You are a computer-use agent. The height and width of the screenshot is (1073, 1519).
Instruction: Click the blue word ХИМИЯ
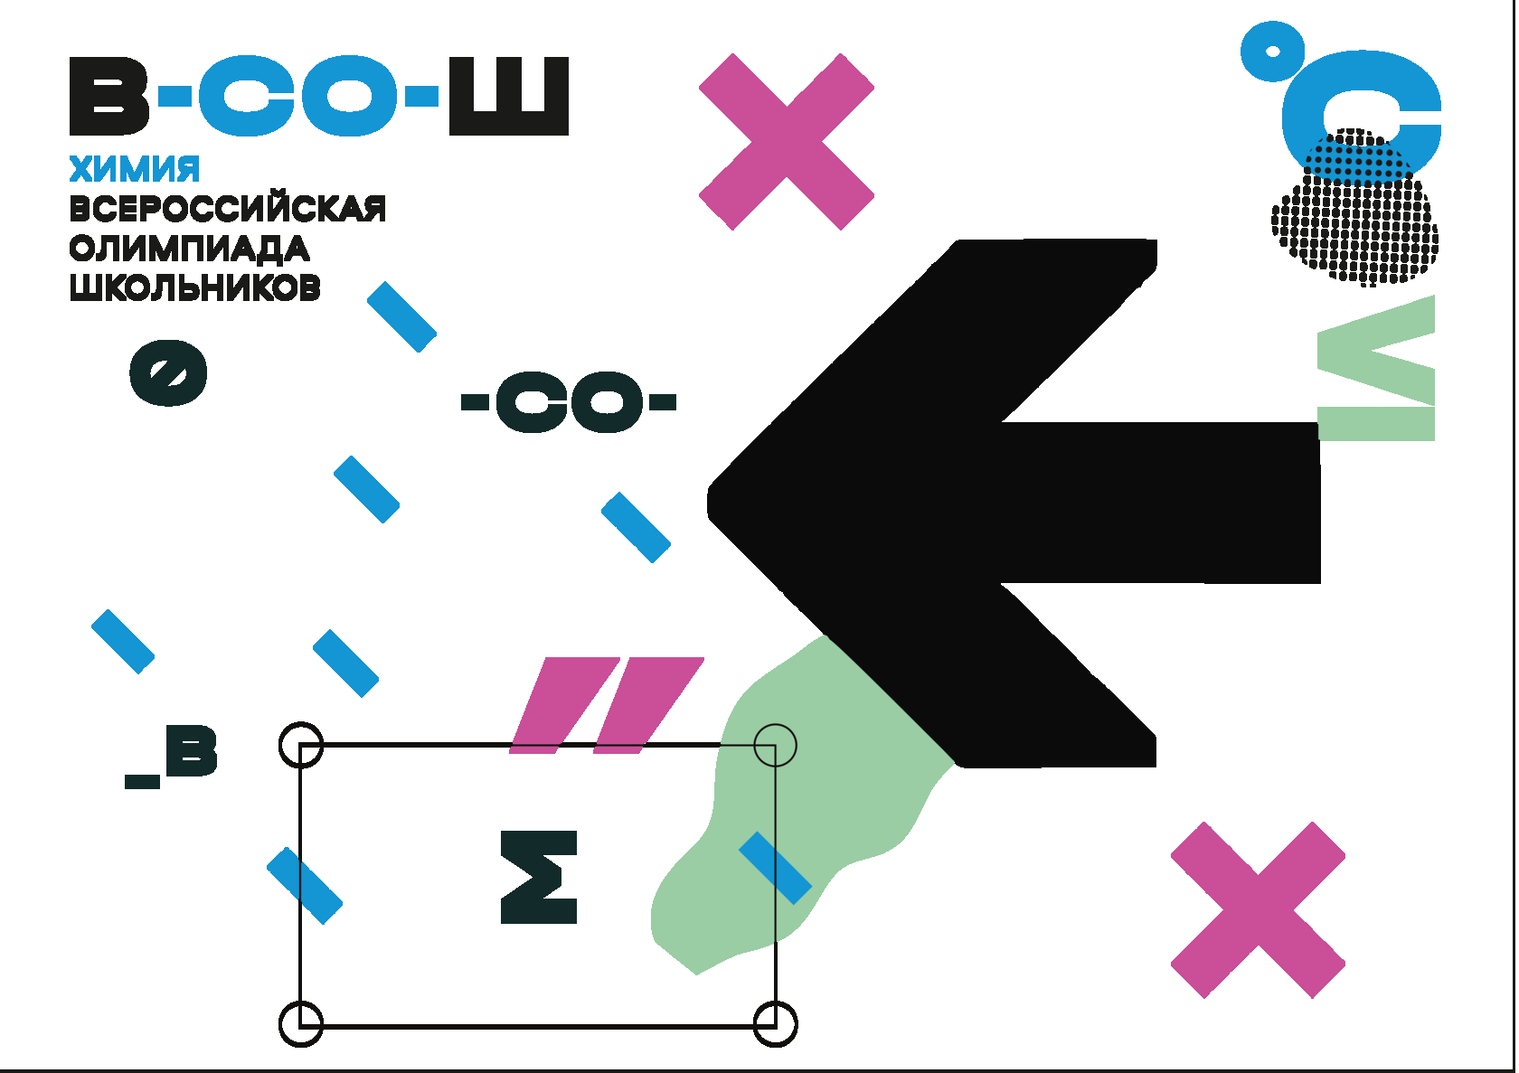pos(135,169)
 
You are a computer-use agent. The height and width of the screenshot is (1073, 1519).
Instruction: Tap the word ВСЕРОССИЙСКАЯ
pos(228,209)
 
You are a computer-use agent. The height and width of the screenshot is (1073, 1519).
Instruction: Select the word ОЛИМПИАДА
pos(189,249)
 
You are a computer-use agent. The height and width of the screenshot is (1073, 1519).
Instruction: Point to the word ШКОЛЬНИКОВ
pos(195,288)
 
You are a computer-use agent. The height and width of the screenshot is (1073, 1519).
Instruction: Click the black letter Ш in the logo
pos(509,96)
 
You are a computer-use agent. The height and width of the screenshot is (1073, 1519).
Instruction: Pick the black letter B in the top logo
pos(108,96)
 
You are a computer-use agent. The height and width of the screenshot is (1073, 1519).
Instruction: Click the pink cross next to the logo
pos(786,141)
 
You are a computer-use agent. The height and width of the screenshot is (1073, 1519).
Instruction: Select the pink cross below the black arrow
pos(1258,909)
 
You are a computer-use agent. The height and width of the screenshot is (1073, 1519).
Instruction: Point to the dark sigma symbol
pos(540,877)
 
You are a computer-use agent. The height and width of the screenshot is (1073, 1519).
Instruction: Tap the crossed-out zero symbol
pos(168,372)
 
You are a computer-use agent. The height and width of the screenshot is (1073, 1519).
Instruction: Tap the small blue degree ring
pos(1272,52)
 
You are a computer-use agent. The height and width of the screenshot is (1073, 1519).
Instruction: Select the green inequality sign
pos(1376,369)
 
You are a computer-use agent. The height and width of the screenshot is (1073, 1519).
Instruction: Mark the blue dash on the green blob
pos(775,868)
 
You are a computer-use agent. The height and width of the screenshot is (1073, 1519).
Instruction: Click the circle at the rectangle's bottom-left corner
pos(301,1023)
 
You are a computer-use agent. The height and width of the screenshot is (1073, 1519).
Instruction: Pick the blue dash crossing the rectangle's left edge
pos(305,885)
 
